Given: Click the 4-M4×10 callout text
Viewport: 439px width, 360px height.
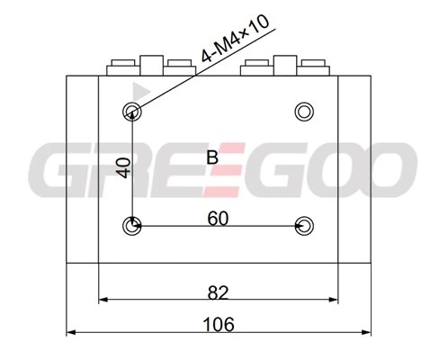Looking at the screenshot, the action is tap(235, 39).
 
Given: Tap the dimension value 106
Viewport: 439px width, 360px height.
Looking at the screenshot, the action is tap(219, 325).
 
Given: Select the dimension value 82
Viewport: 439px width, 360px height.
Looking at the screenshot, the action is tap(218, 292).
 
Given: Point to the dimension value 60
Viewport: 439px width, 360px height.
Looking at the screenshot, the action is tap(218, 218).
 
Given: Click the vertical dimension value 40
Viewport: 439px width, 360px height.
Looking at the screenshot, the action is tap(124, 168).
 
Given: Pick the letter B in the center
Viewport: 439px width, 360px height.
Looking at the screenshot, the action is tap(212, 157).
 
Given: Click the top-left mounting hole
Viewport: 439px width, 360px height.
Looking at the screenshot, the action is tap(132, 112).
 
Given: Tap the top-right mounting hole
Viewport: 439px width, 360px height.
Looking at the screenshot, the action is tap(304, 112).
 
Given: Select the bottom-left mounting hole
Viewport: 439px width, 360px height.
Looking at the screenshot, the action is tap(132, 226).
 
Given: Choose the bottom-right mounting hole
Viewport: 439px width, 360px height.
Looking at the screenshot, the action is tap(304, 226).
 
